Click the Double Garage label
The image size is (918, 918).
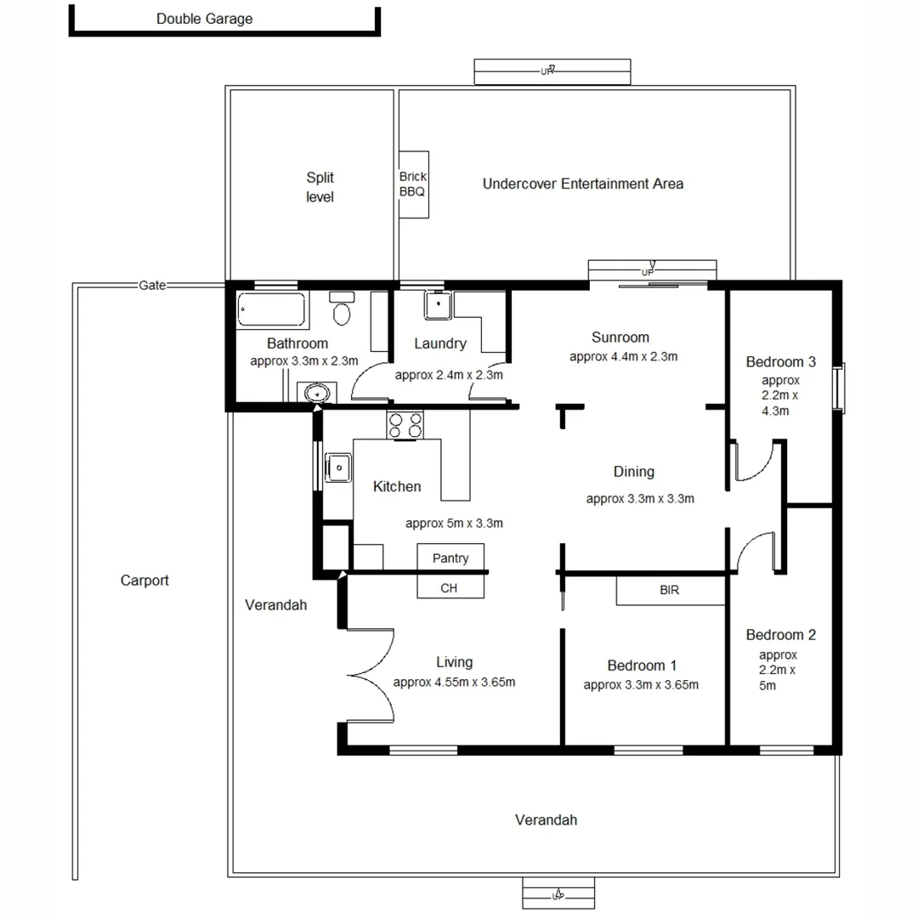click(x=204, y=19)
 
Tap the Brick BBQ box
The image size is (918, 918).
click(x=414, y=184)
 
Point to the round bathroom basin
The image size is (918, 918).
click(x=317, y=394)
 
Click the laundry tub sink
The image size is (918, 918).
click(x=438, y=304)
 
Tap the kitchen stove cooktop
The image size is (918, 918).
click(x=405, y=424)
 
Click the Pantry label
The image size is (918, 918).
click(x=450, y=558)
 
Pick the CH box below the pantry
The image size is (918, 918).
click(x=449, y=587)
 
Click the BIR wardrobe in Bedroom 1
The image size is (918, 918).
click(x=670, y=590)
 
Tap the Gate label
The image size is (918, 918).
click(x=152, y=286)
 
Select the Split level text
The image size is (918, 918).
click(x=320, y=187)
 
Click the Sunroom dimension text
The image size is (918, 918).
click(x=623, y=357)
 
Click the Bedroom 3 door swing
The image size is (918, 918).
click(x=752, y=461)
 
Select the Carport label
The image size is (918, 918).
click(x=144, y=581)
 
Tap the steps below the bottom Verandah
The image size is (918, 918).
click(x=558, y=894)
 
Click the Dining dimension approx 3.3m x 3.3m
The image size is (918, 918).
click(x=640, y=499)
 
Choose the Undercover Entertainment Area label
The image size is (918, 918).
click(x=582, y=184)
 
